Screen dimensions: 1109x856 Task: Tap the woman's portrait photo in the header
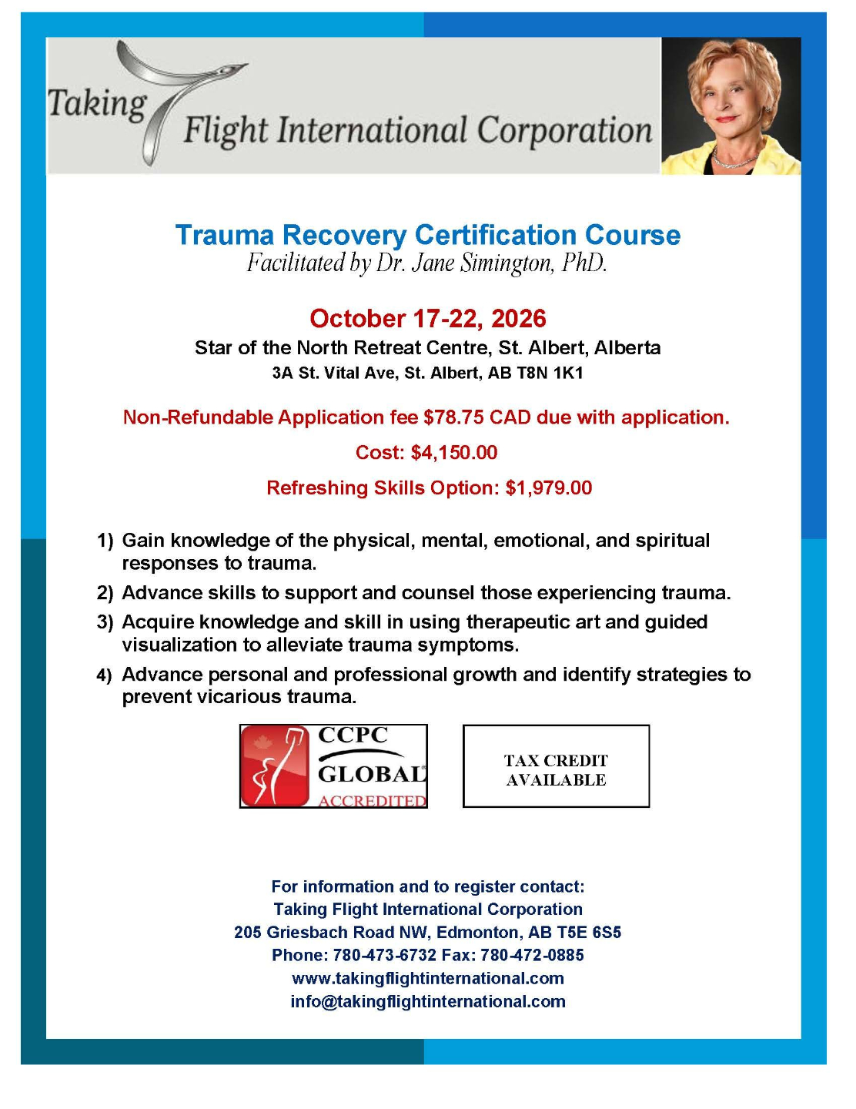tap(731, 106)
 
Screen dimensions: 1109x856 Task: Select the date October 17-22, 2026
tap(427, 318)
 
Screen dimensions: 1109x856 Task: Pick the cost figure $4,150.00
tap(454, 453)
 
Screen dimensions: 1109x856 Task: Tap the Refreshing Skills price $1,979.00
tap(548, 488)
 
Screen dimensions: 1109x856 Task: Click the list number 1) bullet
tap(105, 541)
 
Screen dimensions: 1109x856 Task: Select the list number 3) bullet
tap(105, 622)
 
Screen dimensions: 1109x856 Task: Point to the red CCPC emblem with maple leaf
tap(276, 766)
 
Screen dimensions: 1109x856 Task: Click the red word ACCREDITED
tap(372, 801)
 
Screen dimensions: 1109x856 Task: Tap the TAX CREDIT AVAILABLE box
tap(556, 767)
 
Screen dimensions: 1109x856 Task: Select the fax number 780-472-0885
tap(532, 956)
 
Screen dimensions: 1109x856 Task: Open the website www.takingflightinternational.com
tap(427, 979)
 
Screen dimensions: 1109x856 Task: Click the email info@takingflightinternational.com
tap(427, 1002)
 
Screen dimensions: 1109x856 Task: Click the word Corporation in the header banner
tap(564, 130)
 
